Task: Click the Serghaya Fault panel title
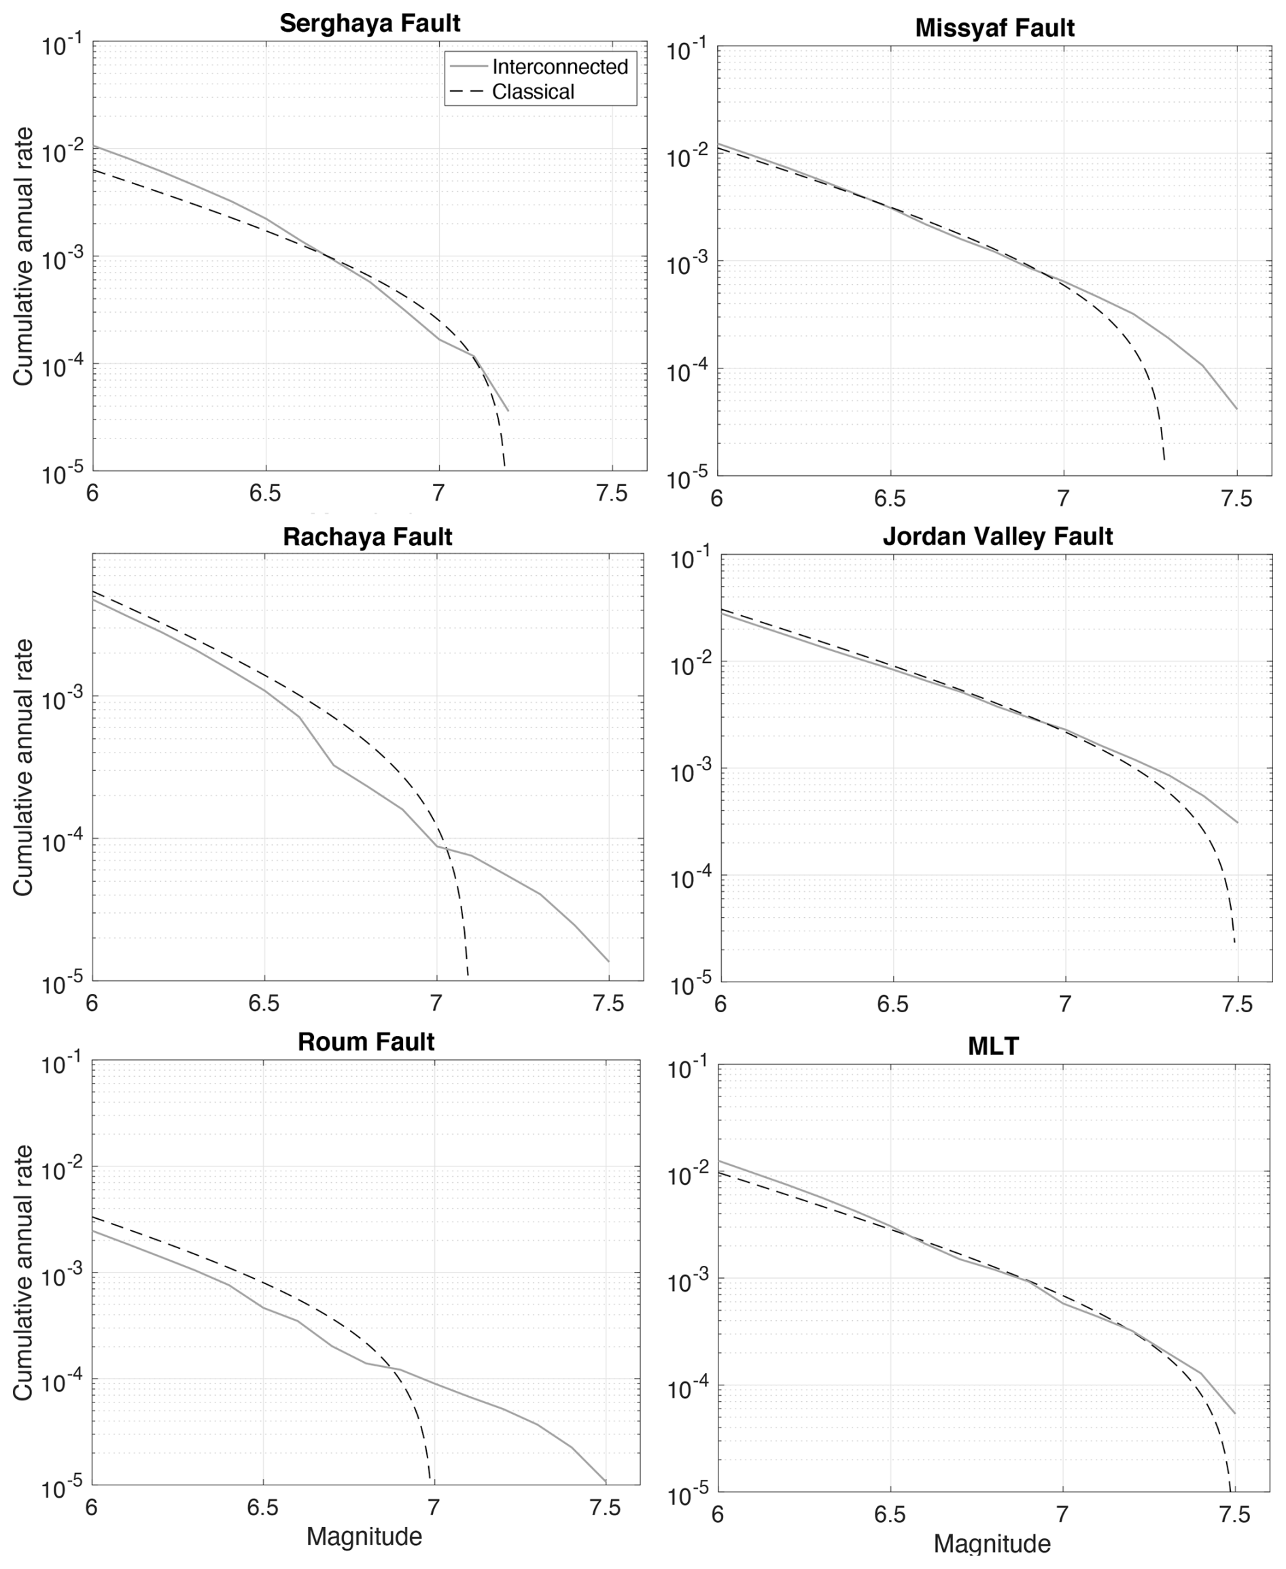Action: point(370,23)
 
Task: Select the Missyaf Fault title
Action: point(994,28)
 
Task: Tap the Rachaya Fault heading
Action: point(368,536)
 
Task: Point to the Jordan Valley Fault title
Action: point(997,536)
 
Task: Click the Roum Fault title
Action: point(366,1041)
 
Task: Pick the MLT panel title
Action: point(994,1046)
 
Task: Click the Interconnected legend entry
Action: point(559,67)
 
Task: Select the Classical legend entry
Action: point(533,92)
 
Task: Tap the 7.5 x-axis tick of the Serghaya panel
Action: point(612,494)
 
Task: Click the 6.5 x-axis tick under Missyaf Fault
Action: point(890,498)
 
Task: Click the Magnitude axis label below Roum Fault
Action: point(364,1536)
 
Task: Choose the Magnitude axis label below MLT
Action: point(992,1544)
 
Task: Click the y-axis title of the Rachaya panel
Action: point(23,768)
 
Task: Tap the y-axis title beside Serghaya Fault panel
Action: point(23,256)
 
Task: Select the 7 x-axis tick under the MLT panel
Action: point(1062,1515)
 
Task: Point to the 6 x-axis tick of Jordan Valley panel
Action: point(719,1004)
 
